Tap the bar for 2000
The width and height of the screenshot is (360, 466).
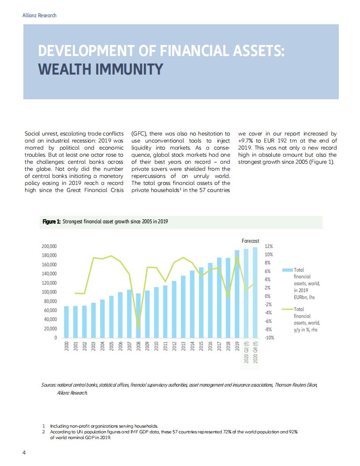66,322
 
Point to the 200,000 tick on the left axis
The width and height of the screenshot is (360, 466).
49,246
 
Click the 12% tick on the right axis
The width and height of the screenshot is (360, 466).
268,246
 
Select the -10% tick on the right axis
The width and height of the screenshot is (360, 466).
269,338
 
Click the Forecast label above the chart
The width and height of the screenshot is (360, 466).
250,241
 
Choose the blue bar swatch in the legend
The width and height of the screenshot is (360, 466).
287,270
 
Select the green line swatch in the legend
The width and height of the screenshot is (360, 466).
287,309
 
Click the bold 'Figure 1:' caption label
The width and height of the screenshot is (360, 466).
51,222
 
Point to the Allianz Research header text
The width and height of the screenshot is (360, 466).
39,15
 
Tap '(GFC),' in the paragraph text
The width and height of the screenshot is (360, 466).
141,133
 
